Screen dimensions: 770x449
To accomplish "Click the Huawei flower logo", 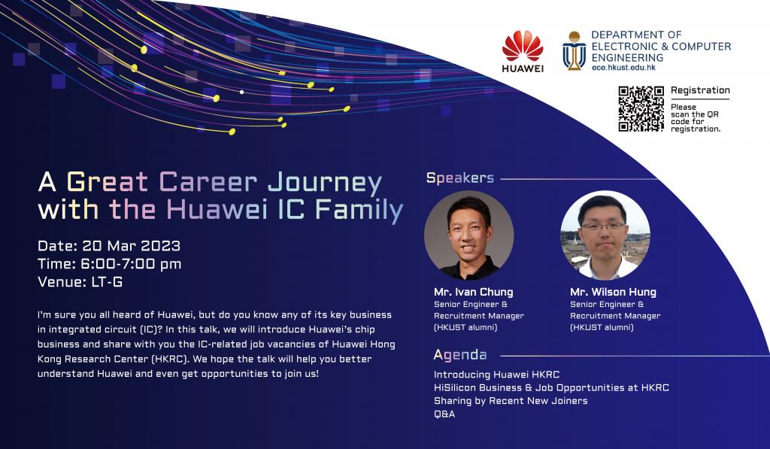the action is coord(523,45).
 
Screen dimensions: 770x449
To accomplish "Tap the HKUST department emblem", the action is coord(574,51).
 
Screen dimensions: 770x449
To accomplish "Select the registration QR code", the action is coord(641,109).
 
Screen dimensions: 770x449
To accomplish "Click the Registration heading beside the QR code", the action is coord(700,90).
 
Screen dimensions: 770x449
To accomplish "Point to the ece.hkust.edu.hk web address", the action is coord(623,67).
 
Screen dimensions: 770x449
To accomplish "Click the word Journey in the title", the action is coord(325,183).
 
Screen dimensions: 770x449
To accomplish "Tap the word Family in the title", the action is coord(359,209).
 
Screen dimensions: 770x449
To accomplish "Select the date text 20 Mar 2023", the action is coord(131,246).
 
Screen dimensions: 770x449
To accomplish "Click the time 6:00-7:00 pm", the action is coord(131,264).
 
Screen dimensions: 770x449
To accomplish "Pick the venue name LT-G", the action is coord(107,282).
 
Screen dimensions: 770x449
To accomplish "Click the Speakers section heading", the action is coord(460,177).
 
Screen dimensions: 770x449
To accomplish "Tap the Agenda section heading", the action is coord(460,355).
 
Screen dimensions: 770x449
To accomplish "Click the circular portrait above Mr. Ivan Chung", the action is coord(469,235).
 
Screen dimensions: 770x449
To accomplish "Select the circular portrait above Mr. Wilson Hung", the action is coord(605,235).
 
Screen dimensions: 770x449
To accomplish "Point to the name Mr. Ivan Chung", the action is coord(474,292).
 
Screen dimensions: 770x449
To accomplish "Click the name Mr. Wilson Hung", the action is coord(613,292).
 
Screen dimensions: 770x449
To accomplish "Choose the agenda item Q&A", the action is coord(444,414).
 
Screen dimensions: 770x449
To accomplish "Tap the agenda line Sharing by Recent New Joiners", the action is coord(511,401).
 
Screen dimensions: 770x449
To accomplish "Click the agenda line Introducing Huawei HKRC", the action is coord(496,375).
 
